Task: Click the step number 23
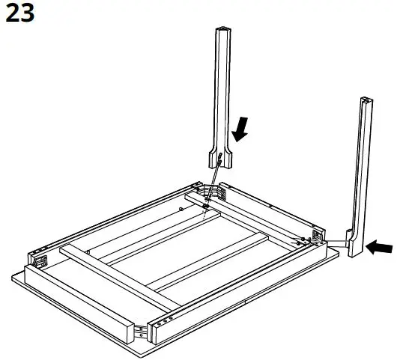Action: pos(20,14)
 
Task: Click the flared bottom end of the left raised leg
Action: pos(219,158)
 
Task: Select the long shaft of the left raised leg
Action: pos(224,90)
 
